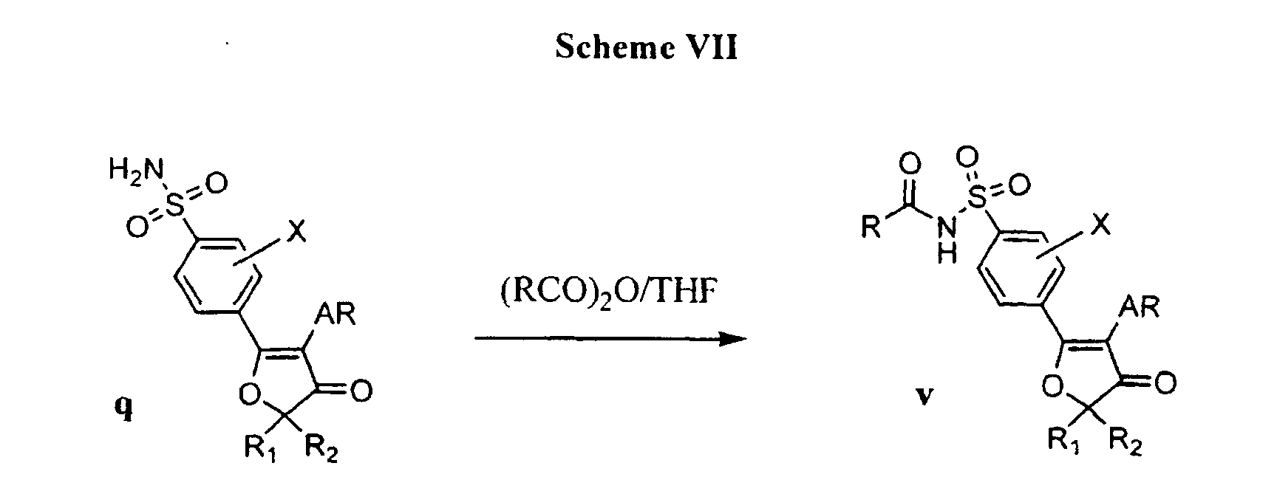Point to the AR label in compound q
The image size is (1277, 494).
[x=336, y=316]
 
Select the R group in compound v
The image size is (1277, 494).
[x=871, y=229]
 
